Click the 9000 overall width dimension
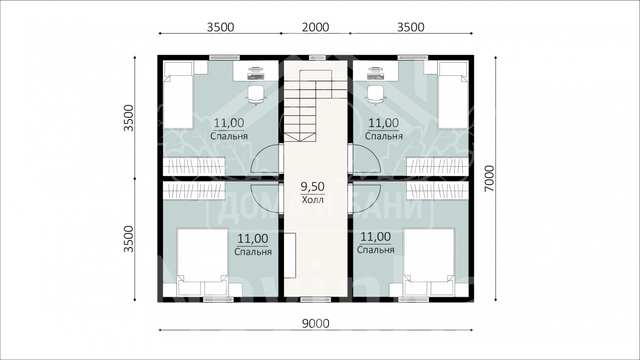[x=315, y=323]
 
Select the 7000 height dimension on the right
[x=489, y=178]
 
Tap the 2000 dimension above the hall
[x=315, y=28]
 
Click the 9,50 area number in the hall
[x=312, y=186]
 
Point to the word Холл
[x=312, y=200]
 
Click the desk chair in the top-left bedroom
[x=256, y=95]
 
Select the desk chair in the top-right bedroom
[x=375, y=95]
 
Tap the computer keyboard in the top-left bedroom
[x=256, y=77]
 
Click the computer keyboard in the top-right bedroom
[x=376, y=77]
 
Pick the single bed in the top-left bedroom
[x=178, y=95]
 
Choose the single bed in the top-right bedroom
[x=453, y=95]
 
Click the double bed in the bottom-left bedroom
[x=202, y=262]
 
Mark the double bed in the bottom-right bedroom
[x=429, y=262]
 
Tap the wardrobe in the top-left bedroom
[x=194, y=166]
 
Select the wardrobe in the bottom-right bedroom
[x=438, y=191]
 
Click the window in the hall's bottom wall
[x=316, y=300]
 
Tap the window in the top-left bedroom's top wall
[x=224, y=57]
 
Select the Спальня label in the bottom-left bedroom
[x=253, y=252]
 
